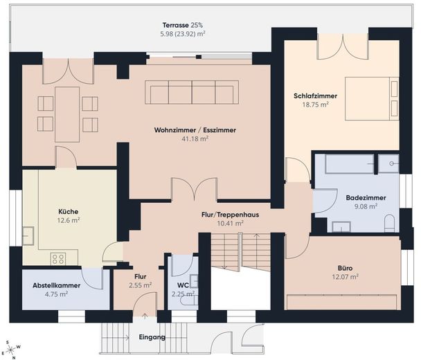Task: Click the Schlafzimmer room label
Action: (315, 96)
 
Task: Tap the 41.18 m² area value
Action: (195, 138)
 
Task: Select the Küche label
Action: (68, 212)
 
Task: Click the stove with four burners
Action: (58, 259)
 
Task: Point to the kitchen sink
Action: (28, 235)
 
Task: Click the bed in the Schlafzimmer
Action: (372, 98)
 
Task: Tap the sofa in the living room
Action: (192, 92)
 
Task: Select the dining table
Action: (67, 114)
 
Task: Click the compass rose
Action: (11, 349)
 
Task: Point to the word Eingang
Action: (152, 337)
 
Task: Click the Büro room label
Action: (346, 268)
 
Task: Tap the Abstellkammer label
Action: (56, 285)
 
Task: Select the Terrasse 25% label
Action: (183, 25)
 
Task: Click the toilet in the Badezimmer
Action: (389, 223)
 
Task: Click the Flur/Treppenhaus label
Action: (230, 215)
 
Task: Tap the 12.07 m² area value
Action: (346, 276)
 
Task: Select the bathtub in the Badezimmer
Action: (349, 163)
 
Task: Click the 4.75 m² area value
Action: (56, 294)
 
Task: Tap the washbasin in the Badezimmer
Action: (341, 226)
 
